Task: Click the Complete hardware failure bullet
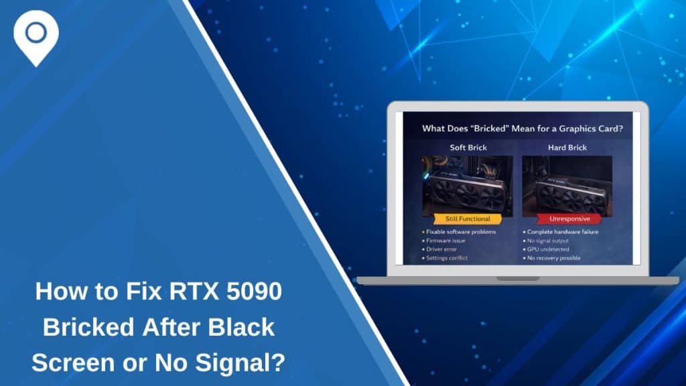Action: coord(563,232)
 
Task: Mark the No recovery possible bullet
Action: coord(557,258)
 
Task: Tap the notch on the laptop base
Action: coord(517,279)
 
